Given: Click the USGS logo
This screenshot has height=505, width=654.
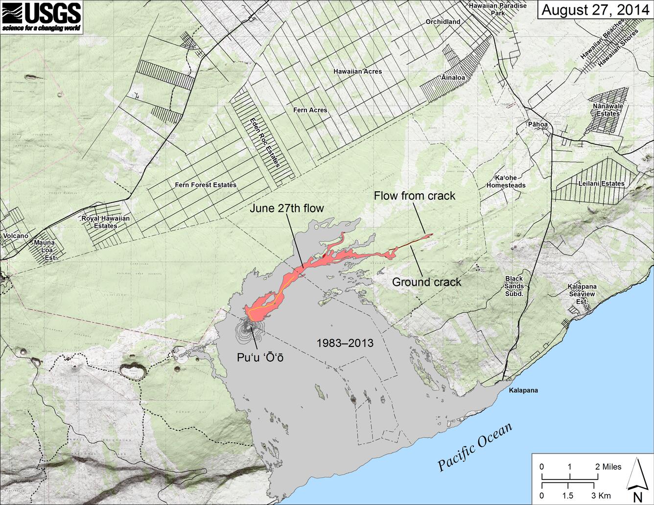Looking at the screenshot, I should (41, 17).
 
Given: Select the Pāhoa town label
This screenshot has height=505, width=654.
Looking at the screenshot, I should (538, 124).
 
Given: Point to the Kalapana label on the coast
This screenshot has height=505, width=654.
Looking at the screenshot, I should (523, 390).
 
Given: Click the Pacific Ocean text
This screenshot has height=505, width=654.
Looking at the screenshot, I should (474, 446).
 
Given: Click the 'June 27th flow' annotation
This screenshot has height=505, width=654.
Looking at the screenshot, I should (287, 208).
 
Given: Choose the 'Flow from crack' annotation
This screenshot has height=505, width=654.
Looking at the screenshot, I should (414, 196).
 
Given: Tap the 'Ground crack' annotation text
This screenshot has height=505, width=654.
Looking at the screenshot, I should (426, 282).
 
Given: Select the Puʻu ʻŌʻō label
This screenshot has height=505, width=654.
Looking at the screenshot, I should (260, 358).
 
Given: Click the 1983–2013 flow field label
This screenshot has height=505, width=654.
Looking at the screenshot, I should (345, 343).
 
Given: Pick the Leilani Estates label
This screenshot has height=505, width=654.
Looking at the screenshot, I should (601, 184).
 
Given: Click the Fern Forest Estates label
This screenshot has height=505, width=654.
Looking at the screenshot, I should (206, 185).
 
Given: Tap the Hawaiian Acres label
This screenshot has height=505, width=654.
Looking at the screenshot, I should (357, 71).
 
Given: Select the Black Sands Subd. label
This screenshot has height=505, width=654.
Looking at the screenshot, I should (514, 286).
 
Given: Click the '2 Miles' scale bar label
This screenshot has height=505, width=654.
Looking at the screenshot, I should (608, 466).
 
